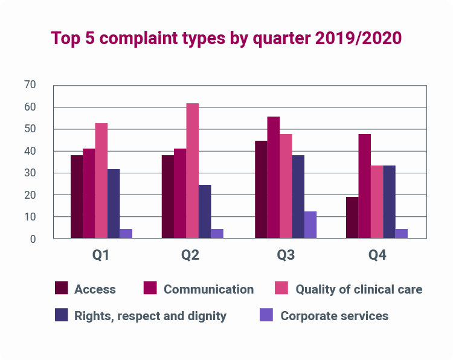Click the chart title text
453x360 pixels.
(x=226, y=38)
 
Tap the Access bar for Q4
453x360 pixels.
(x=352, y=217)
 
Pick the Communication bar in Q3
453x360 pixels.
(x=274, y=178)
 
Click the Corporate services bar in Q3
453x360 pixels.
(x=310, y=225)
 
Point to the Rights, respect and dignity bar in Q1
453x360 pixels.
(x=114, y=204)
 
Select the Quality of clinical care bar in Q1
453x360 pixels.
(x=101, y=181)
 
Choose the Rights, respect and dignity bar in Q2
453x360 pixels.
(x=205, y=211)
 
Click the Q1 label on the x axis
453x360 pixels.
(x=101, y=256)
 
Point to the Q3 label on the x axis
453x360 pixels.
(x=286, y=256)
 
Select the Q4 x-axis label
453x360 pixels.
(x=377, y=256)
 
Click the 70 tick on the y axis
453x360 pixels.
(x=29, y=85)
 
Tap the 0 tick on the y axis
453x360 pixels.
(x=33, y=239)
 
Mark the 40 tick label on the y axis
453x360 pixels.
(x=29, y=151)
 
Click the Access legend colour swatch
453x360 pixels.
(x=62, y=288)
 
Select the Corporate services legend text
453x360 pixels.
(x=335, y=316)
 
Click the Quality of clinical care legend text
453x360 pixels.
(x=359, y=289)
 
